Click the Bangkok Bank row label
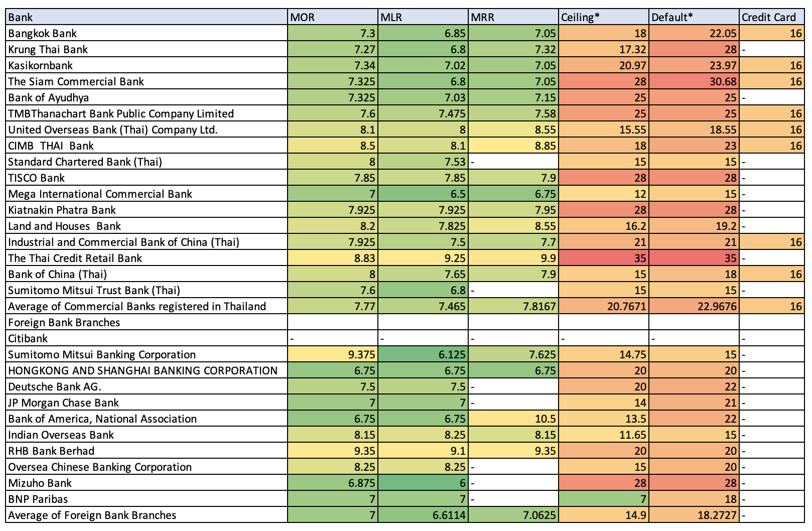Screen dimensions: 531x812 coord(43,34)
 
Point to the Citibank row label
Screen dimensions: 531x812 coord(28,339)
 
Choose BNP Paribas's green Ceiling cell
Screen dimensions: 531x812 coord(603,499)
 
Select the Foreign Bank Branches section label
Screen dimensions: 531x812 coord(64,323)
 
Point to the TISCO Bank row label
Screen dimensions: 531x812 coord(37,178)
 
